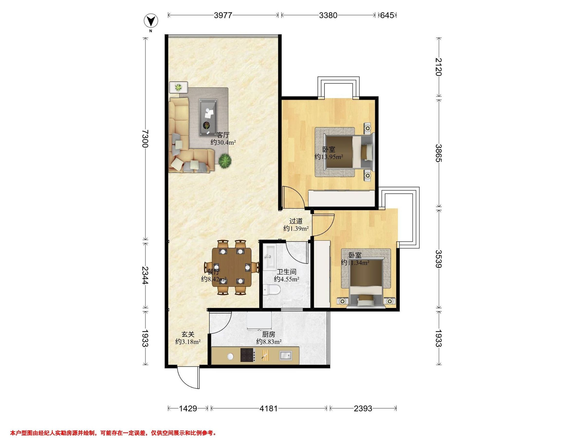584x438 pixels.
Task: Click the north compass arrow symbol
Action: pos(151,21)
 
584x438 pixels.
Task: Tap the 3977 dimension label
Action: pos(223,15)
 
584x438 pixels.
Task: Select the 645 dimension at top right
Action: pos(387,15)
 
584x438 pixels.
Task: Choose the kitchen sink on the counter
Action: pos(286,355)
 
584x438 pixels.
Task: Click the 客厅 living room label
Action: pos(223,135)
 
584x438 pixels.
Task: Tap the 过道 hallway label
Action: pos(296,221)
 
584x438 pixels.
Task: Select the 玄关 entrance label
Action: pos(188,335)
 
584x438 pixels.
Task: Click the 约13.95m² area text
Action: pos(329,157)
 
